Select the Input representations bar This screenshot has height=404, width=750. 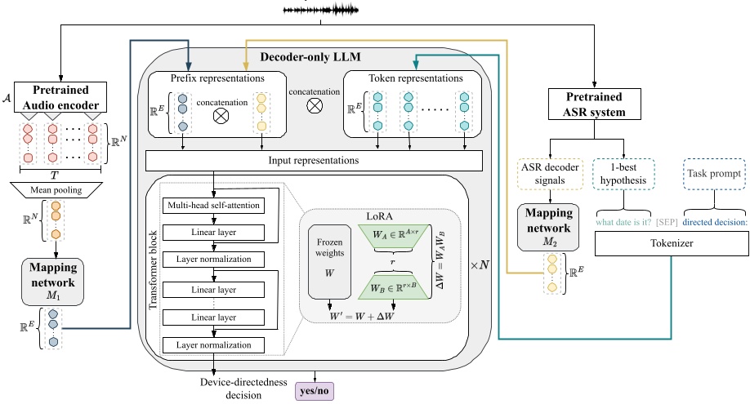click(x=315, y=161)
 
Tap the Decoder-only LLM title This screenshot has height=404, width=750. click(x=314, y=57)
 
